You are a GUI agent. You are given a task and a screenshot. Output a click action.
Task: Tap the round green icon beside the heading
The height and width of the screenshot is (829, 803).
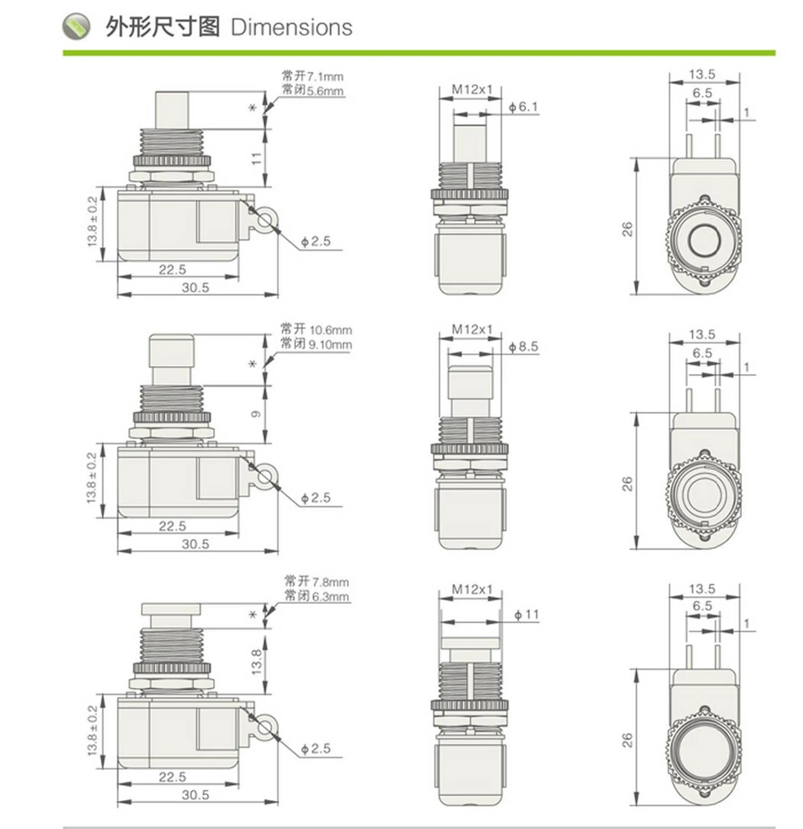coord(76,26)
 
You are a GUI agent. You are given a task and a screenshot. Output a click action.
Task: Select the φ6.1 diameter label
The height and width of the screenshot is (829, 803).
coord(523,107)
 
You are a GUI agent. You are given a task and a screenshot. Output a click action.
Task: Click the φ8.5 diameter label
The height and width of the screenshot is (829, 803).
coord(523,347)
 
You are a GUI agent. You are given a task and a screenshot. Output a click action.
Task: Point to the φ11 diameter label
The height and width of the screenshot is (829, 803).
coord(526,615)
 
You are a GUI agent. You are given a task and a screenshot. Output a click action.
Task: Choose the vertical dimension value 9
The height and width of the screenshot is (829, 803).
coord(256,414)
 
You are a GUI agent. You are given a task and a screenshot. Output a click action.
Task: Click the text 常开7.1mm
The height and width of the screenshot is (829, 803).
coord(313,77)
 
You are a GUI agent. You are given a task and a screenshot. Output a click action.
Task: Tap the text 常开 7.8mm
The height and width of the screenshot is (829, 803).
coord(317,582)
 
